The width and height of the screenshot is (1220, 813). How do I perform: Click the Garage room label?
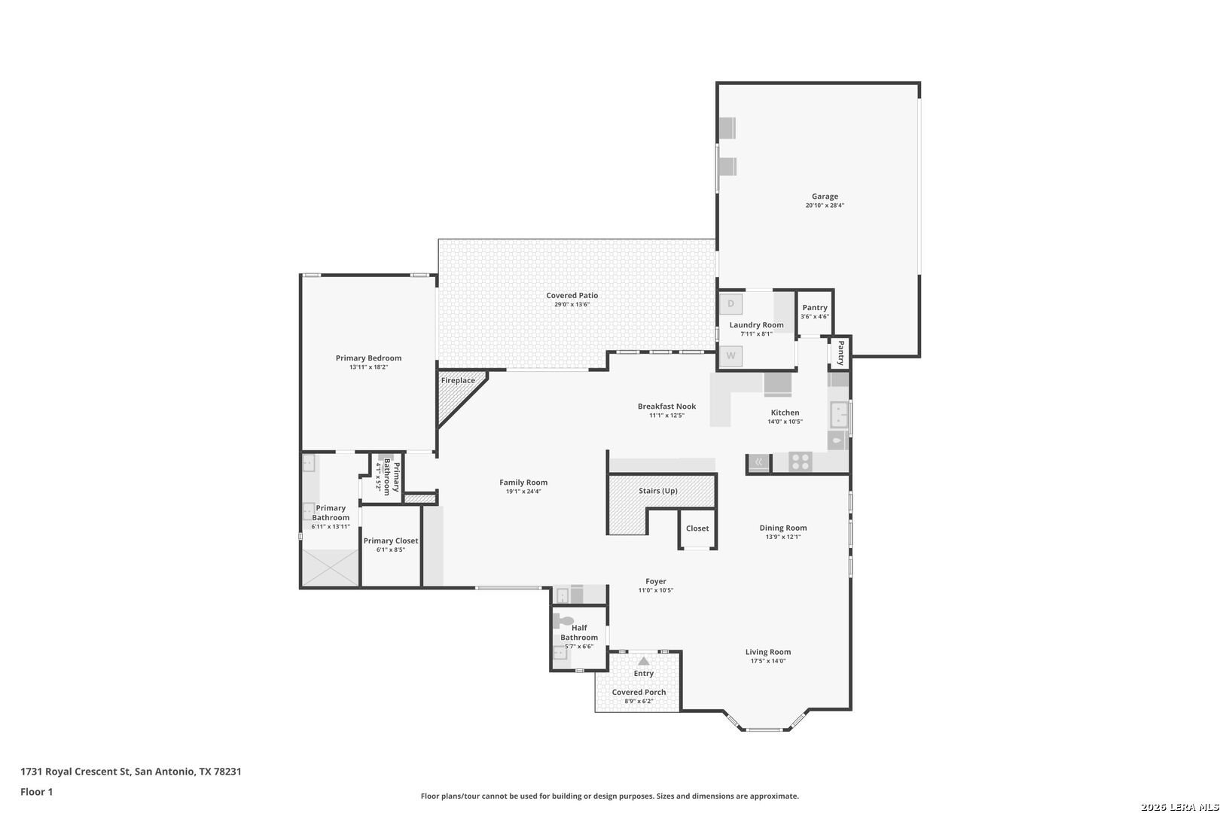825,196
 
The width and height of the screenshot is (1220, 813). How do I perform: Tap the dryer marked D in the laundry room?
731,304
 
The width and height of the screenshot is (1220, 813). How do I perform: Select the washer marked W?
731,356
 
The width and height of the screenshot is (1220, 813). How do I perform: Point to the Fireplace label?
458,381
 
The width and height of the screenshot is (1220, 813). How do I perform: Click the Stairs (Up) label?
658,491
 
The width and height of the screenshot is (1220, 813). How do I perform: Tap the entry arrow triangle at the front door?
644,661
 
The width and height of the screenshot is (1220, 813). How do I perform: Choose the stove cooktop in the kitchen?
800,461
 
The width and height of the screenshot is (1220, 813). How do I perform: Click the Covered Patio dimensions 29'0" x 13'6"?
572,304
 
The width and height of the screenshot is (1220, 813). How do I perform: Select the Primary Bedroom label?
368,358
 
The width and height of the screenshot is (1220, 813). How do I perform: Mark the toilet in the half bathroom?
563,621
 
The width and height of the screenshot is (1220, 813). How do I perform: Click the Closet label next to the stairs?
697,528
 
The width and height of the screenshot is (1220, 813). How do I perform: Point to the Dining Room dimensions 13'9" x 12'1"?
783,537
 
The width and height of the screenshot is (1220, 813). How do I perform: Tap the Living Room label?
768,652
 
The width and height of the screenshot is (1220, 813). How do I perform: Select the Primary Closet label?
391,540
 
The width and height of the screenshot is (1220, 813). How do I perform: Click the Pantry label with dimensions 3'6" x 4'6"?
815,308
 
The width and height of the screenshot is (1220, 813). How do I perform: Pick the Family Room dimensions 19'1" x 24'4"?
523,492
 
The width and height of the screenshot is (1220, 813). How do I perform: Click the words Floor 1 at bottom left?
36,792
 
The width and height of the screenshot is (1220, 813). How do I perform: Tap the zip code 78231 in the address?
227,771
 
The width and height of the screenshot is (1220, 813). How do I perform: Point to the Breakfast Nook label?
666,406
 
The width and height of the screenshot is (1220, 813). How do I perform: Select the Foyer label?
656,582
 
